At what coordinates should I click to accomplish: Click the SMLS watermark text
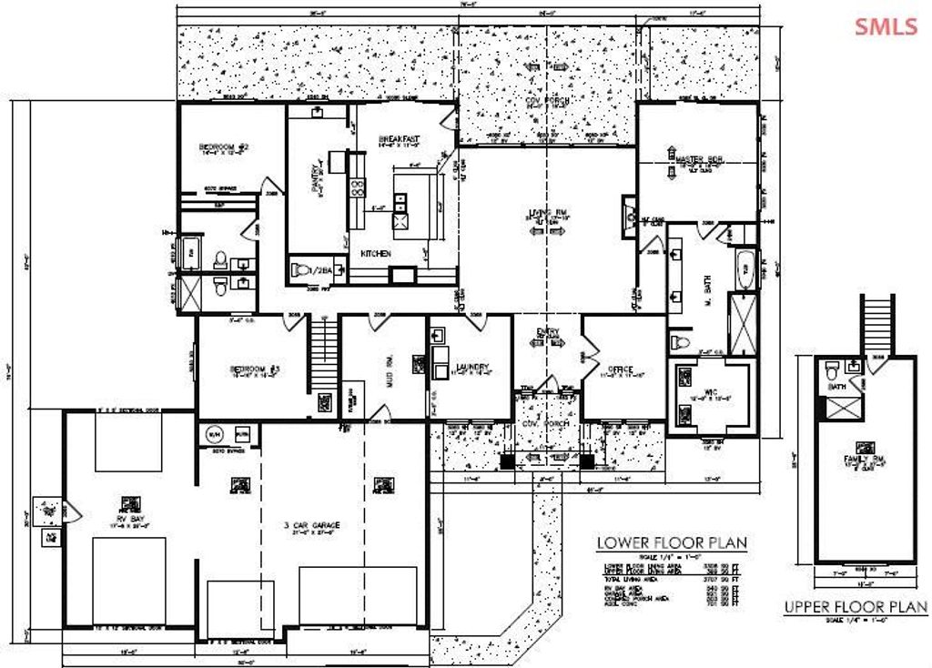pyautogui.click(x=886, y=26)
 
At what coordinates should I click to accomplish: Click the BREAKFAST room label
pyautogui.click(x=399, y=138)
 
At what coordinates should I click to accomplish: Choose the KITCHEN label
pyautogui.click(x=376, y=252)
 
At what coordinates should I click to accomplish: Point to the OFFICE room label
pyautogui.click(x=622, y=369)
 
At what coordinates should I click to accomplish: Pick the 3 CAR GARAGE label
pyautogui.click(x=311, y=526)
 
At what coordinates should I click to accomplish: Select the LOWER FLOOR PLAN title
pyautogui.click(x=672, y=543)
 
